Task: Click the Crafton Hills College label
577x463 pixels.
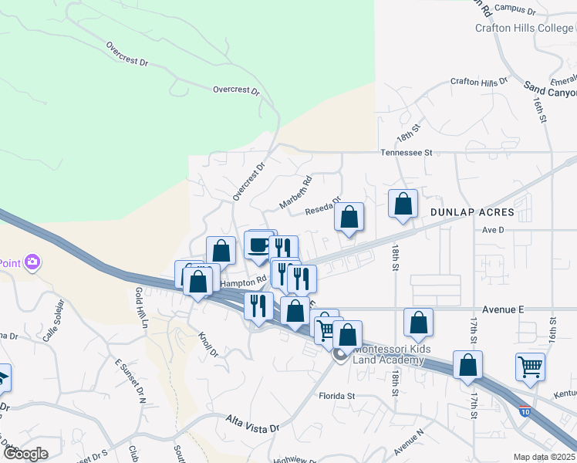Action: [525, 29]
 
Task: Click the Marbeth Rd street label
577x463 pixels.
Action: [295, 192]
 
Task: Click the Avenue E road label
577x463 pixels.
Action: [498, 309]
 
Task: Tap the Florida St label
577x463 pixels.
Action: [336, 396]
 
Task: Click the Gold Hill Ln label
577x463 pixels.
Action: [141, 306]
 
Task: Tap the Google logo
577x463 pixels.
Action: [25, 454]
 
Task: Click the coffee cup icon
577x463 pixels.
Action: [258, 246]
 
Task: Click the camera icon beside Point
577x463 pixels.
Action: [32, 262]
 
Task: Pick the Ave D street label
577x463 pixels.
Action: [492, 230]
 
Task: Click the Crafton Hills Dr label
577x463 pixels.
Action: [479, 81]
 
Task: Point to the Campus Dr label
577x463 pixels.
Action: [515, 9]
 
